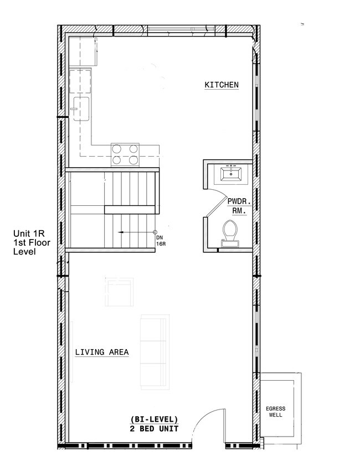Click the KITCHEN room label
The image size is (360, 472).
pos(222,85)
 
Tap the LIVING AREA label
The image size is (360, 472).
pos(102,352)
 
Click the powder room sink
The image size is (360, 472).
pos(230,174)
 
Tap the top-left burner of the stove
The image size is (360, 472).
pos(118,148)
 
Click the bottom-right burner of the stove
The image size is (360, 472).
pos(133,160)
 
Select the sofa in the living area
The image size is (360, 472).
pos(153,352)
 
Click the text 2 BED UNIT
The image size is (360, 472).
pos(155,428)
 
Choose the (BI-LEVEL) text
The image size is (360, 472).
pos(155,419)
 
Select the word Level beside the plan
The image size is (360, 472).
pos(24,252)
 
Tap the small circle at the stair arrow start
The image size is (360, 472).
pos(155,232)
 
